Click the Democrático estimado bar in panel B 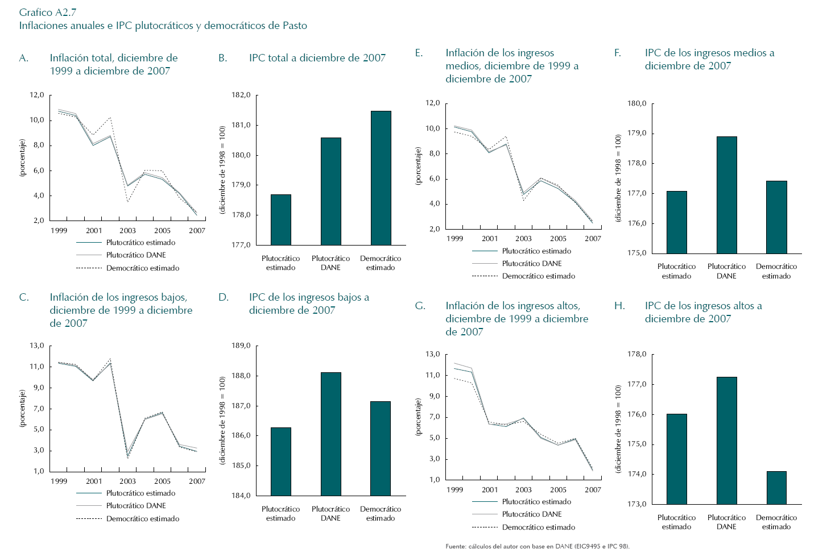(381, 178)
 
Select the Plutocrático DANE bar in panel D (330, 434)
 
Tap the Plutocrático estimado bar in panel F (676, 222)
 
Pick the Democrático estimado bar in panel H (776, 488)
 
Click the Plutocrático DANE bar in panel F (726, 195)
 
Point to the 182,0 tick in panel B (241, 95)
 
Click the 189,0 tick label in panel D (241, 346)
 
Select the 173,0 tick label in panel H (637, 504)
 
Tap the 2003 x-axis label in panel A (127, 231)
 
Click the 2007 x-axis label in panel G (593, 490)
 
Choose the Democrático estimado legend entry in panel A (142, 268)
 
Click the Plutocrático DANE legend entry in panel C (136, 506)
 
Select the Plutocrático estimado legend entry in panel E (536, 251)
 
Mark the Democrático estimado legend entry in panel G (538, 527)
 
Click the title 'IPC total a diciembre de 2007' (317, 58)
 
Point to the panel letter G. (420, 306)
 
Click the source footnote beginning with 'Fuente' (538, 546)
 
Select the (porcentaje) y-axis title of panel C (23, 408)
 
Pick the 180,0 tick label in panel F (637, 103)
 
